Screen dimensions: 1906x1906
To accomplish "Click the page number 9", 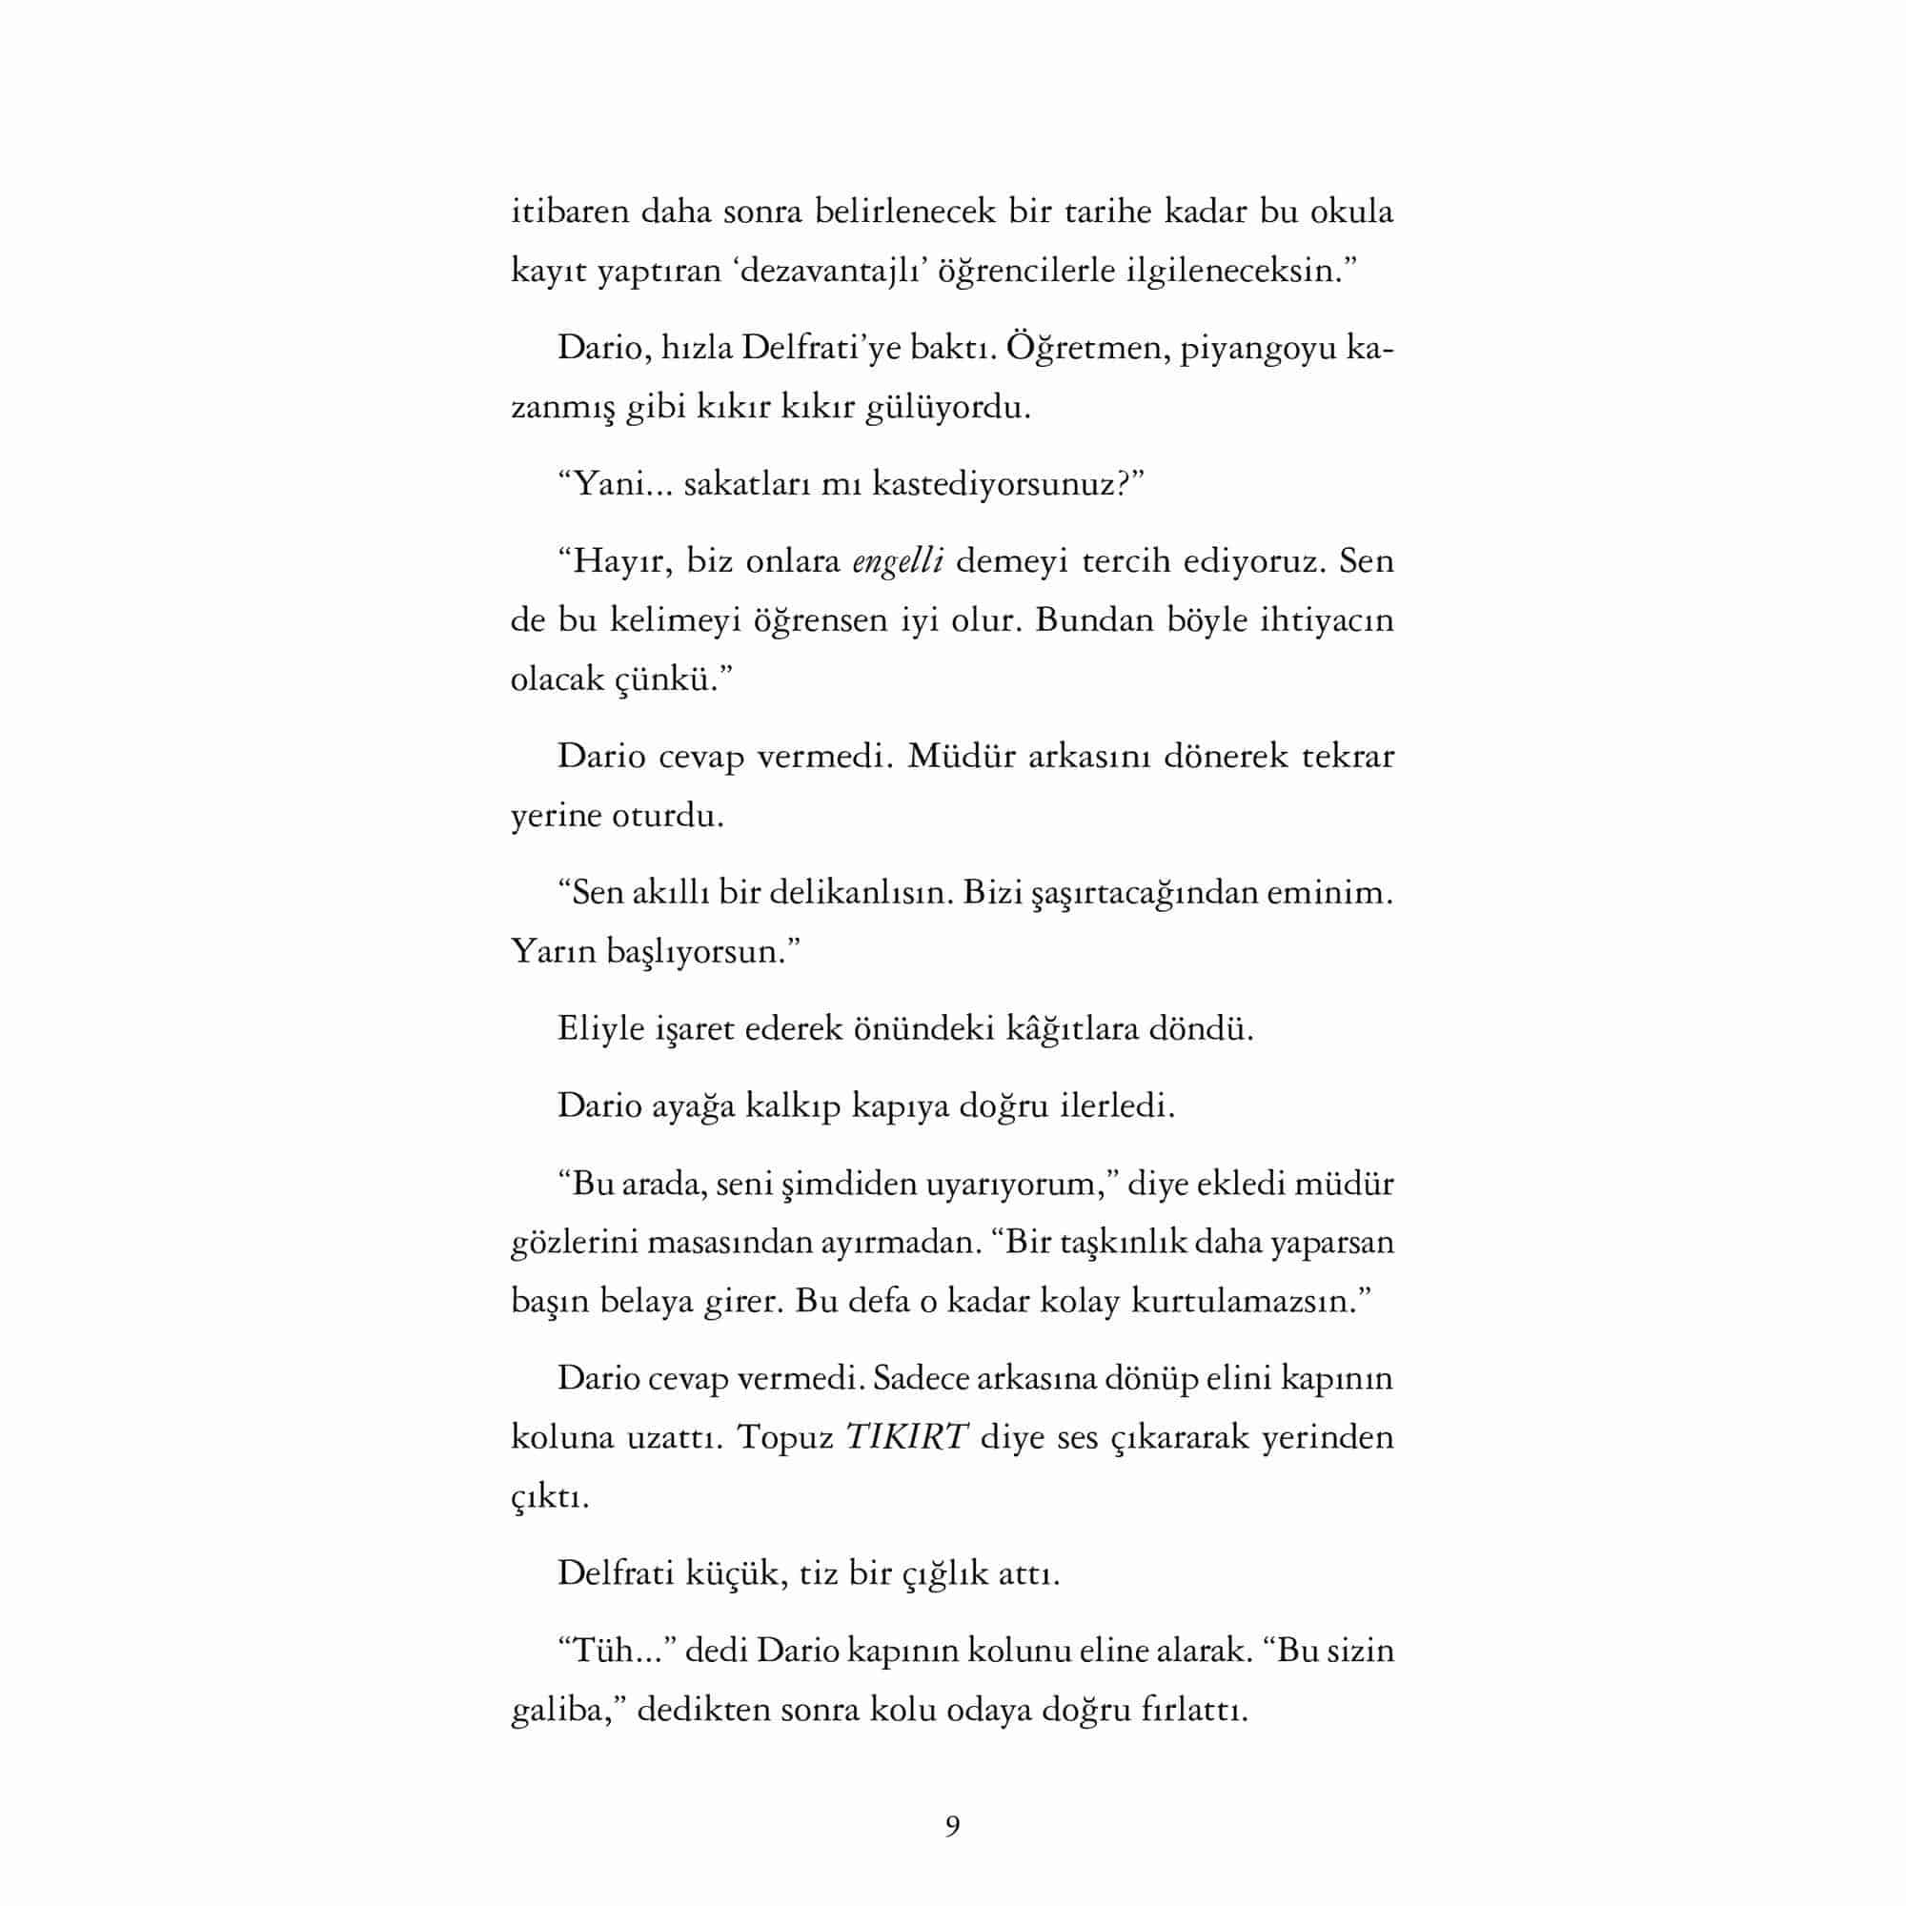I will tap(952, 1826).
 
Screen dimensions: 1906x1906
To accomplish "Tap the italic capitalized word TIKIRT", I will tap(906, 1436).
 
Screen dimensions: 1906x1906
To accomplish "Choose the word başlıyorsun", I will tap(690, 952).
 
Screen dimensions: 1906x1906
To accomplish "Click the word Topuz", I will tap(785, 1436).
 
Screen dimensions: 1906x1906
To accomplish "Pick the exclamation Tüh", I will tap(601, 1650).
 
